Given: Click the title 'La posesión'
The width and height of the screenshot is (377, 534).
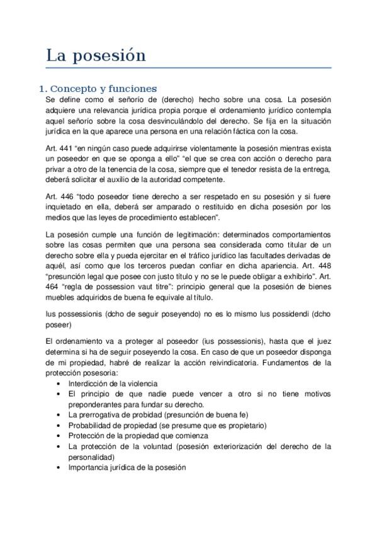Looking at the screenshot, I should [96, 55].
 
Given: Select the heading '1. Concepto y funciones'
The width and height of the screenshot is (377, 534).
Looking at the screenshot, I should [98, 88].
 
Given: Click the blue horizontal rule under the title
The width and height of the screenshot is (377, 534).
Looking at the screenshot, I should [189, 67].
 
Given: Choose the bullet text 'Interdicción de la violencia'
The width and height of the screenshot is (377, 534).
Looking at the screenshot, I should [113, 383].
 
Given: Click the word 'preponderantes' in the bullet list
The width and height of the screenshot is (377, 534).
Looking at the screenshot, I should [96, 404].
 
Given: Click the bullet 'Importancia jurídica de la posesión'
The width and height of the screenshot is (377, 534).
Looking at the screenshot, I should [127, 468].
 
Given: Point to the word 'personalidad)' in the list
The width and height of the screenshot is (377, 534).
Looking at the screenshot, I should [91, 457].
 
